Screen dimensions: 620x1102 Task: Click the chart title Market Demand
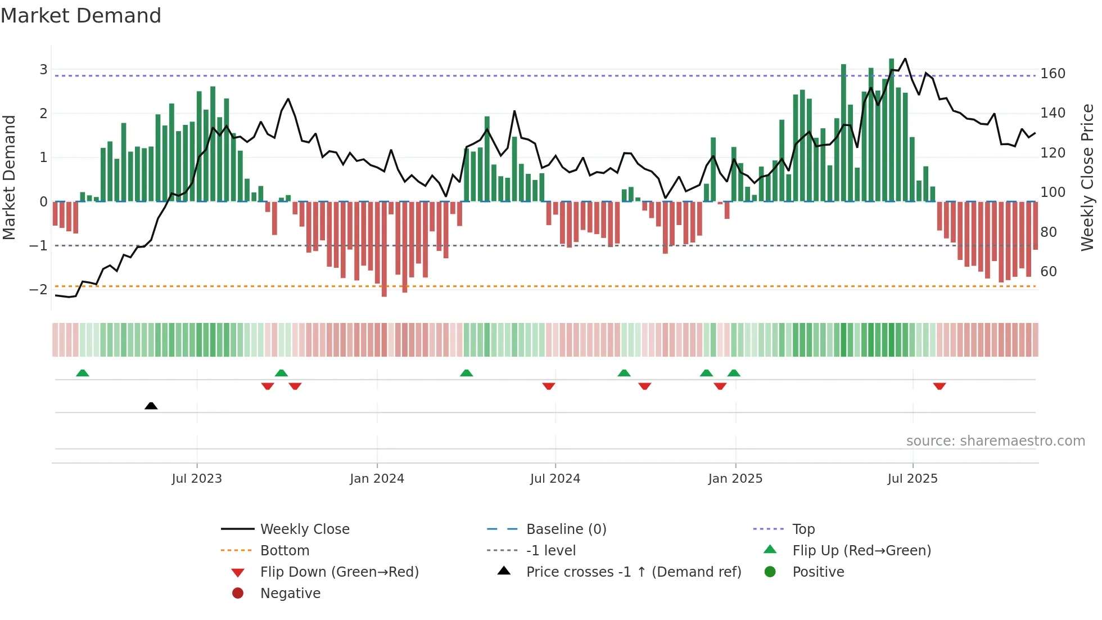tap(81, 15)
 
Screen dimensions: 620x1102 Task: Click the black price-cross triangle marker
tap(151, 406)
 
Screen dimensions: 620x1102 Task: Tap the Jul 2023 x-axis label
tap(197, 478)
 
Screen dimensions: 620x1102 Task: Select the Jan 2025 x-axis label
tap(735, 478)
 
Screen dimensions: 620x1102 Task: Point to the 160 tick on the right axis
tap(1053, 74)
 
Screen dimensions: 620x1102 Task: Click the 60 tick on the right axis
tap(1049, 272)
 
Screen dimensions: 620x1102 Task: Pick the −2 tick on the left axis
tap(38, 289)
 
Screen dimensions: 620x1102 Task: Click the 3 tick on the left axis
tap(43, 70)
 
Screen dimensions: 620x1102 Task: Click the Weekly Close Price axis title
tap(1087, 177)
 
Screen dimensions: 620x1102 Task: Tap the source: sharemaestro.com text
tap(995, 441)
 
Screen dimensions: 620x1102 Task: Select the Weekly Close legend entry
tap(304, 529)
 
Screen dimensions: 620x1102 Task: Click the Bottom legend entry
tap(284, 550)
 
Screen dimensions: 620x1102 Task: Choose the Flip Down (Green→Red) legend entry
tap(339, 572)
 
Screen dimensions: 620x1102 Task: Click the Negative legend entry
tap(290, 593)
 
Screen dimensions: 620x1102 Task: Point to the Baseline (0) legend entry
tap(566, 529)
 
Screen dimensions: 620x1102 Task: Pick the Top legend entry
tap(803, 529)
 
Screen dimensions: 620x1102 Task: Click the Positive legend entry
tap(818, 572)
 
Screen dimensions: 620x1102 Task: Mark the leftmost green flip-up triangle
tap(83, 373)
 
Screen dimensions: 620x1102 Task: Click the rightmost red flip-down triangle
tap(939, 386)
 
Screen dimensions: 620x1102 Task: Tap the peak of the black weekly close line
tap(905, 59)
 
